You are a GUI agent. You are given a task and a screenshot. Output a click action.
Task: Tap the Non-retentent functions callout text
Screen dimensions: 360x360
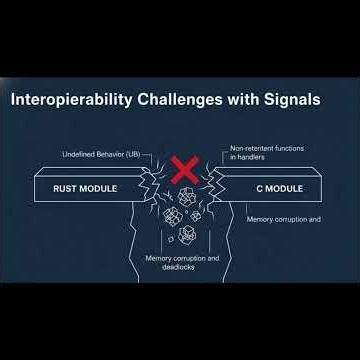point(267,148)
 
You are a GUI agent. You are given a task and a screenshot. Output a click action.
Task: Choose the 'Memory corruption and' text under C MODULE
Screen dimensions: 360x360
point(283,218)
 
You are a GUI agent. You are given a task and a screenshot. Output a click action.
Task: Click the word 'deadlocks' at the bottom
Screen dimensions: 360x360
point(180,267)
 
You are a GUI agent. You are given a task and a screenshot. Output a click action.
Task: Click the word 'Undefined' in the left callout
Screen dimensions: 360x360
point(78,155)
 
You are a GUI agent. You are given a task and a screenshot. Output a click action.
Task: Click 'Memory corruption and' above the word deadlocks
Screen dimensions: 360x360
point(181,258)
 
